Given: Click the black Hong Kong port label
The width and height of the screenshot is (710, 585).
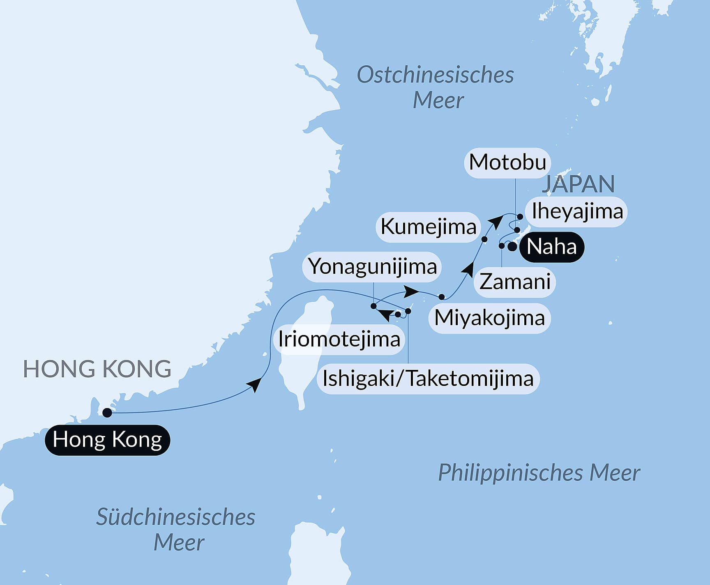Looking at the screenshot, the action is pos(107,440).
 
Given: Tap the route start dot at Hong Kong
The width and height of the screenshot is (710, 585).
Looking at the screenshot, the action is pos(107,413).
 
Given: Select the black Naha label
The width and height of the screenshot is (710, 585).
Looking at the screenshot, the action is pos(551,247).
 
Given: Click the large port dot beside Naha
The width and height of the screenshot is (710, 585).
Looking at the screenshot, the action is pos(512,247).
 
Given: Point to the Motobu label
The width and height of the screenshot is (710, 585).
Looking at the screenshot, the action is pos(507,162).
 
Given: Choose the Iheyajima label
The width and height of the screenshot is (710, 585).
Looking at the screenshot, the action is pos(577,212).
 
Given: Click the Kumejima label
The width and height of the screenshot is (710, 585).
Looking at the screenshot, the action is pos(428,227).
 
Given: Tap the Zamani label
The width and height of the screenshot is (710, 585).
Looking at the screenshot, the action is pos(515,282).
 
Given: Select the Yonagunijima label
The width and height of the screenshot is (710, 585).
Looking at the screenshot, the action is pos(372,267).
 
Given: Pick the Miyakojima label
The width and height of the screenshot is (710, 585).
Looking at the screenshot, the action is pos(489,318).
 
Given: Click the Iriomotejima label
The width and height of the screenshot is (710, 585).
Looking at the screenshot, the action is pos(339,339).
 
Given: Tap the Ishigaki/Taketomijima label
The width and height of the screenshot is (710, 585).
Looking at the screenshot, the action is pos(428,379).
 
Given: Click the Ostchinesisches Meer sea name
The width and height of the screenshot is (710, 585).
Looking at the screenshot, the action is pos(436,87).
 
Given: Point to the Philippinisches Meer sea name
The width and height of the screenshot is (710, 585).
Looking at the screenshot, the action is pos(539,473).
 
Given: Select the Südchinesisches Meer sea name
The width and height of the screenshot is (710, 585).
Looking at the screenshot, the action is pos(176,530).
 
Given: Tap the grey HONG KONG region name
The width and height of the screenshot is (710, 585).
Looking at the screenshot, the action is pos(97,369).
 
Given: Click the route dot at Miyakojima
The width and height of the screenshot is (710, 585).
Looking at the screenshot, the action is pos(442,296).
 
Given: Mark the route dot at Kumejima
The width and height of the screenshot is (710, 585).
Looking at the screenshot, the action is pos(484,239).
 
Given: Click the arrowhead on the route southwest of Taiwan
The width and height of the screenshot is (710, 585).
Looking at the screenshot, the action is pos(255,385).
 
